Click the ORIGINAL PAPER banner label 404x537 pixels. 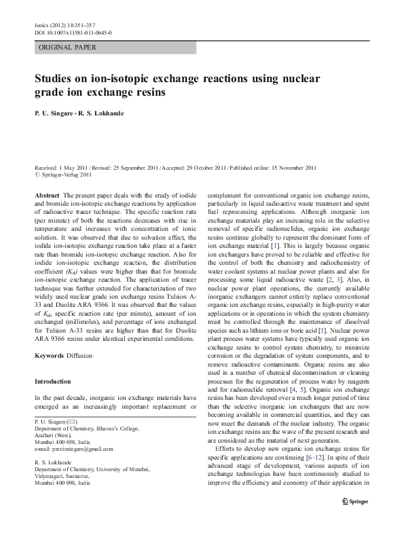pos(67,48)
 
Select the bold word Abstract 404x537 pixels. pos(47,195)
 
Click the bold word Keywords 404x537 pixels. pos(51,355)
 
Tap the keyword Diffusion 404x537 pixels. pos(84,355)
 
